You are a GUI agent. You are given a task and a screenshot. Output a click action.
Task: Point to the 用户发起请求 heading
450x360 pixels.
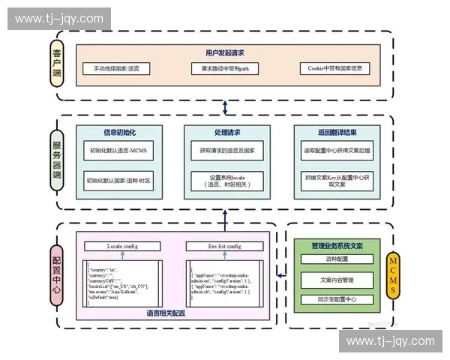[224, 53]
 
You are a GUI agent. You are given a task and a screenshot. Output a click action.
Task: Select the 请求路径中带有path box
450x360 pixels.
[225, 68]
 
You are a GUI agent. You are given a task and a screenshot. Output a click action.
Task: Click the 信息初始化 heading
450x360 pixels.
[120, 133]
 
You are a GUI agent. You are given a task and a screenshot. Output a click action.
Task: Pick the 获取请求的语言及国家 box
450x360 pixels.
[227, 150]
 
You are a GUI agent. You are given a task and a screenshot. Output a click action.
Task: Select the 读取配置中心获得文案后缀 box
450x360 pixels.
[336, 150]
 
